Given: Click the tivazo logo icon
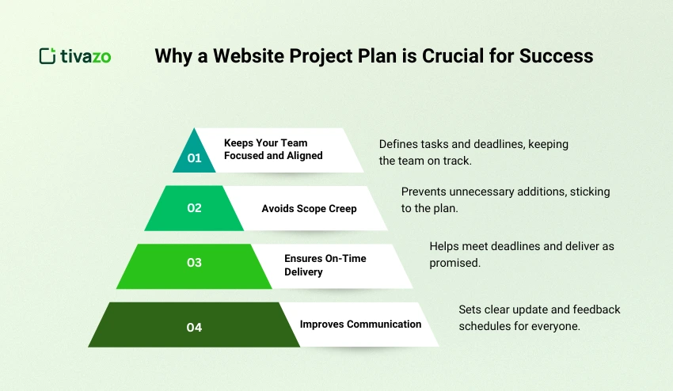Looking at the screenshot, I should pos(48,56).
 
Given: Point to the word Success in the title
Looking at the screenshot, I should pos(561,56).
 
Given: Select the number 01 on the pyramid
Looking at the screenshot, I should pos(195,158).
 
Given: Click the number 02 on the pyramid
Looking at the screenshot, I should pos(195,208).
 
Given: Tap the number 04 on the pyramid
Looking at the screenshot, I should pos(195,326).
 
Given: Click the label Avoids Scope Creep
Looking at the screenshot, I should pos(309,209).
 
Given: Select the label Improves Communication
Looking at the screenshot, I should pos(360,324).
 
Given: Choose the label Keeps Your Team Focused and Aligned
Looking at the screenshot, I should pos(273,150).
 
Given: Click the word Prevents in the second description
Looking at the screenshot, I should pos(424,192).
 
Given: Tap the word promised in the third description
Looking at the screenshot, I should pos(454,262).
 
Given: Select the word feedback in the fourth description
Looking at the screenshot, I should pos(595,309).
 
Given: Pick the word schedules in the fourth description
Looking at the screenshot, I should pos(485,325).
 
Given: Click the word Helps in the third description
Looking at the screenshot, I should pos(444,246).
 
